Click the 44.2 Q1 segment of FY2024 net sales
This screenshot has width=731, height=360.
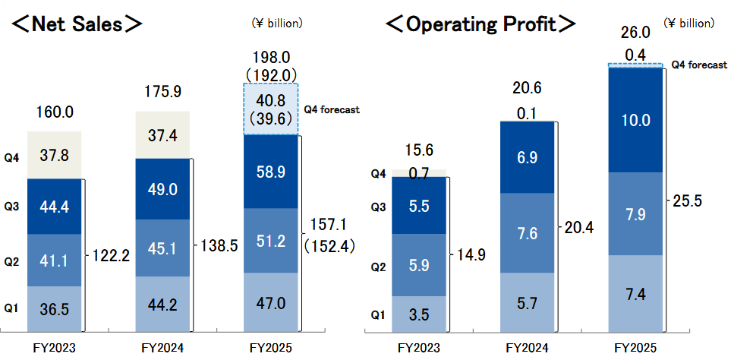pyautogui.click(x=162, y=305)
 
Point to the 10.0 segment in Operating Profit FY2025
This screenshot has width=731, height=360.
pyautogui.click(x=635, y=120)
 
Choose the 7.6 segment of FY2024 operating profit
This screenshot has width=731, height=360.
pyautogui.click(x=527, y=233)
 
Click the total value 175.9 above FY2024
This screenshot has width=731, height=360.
pyautogui.click(x=162, y=92)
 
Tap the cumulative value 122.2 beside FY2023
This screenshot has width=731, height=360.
pyautogui.click(x=112, y=255)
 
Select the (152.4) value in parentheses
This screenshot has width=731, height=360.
pyautogui.click(x=329, y=245)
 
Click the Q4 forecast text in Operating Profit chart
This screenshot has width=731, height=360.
pyautogui.click(x=698, y=65)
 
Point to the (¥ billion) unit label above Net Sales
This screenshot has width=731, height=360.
pyautogui.click(x=277, y=24)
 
